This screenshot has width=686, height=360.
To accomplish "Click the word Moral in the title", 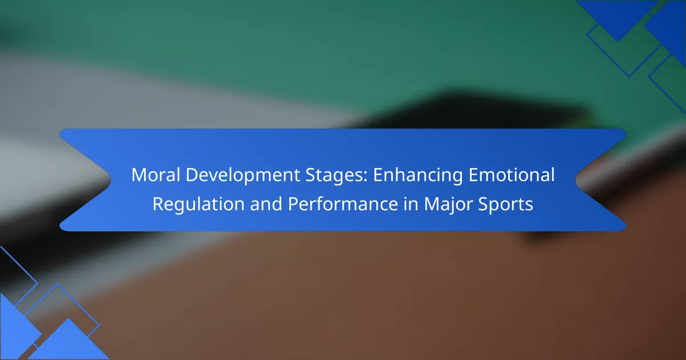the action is point(155,175).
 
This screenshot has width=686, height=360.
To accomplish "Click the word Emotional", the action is point(512,175).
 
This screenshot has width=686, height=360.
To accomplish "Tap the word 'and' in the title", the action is point(266,204).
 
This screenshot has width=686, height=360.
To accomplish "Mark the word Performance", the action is point(342,204).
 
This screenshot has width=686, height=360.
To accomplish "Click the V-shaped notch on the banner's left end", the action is point(110,180).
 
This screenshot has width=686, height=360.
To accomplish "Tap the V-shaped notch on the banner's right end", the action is point(576,180).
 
